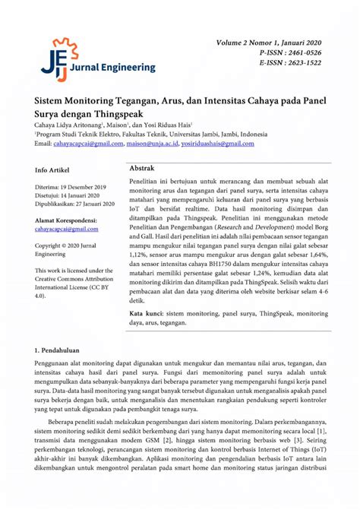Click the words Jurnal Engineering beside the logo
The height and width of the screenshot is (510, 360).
[x=106, y=68]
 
